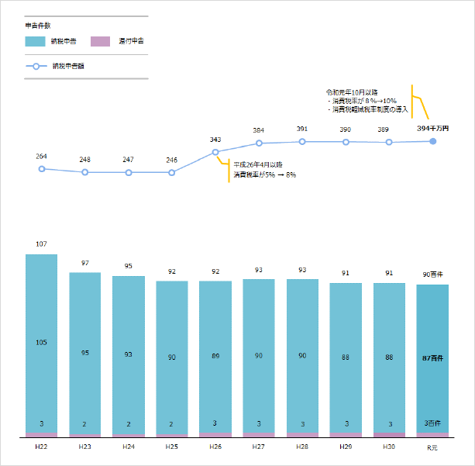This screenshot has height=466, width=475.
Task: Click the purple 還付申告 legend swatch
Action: pyautogui.click(x=101, y=40)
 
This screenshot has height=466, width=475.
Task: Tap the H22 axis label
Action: pyautogui.click(x=41, y=447)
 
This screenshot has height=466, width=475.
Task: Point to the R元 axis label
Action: pyautogui.click(x=432, y=447)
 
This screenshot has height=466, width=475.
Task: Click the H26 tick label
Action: pyautogui.click(x=215, y=447)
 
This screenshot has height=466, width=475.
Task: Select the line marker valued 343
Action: pyautogui.click(x=215, y=152)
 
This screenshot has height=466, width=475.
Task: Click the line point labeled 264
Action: pyautogui.click(x=42, y=168)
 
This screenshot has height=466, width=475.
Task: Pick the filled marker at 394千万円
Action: pyautogui.click(x=432, y=141)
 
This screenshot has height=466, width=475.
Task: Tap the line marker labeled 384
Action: pyautogui.click(x=259, y=143)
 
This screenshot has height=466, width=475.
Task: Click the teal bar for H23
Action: pyautogui.click(x=85, y=353)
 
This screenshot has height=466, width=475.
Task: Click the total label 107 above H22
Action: pyautogui.click(x=42, y=244)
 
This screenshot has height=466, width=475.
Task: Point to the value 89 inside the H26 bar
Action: pyautogui.click(x=215, y=356)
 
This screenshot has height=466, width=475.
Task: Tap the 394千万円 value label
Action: pyautogui.click(x=432, y=128)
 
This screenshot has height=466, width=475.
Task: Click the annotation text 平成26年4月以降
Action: pyautogui.click(x=258, y=164)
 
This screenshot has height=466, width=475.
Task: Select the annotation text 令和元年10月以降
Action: pyautogui.click(x=352, y=92)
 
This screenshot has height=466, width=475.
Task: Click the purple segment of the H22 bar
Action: pyautogui.click(x=42, y=434)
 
